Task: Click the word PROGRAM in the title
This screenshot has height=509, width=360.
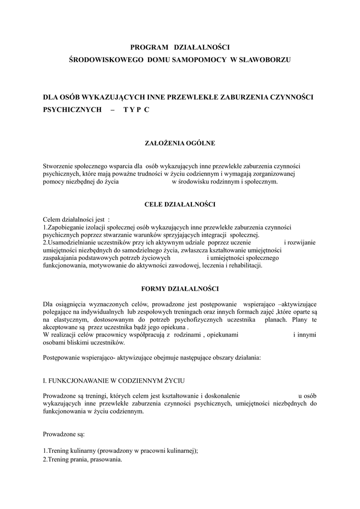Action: (148, 47)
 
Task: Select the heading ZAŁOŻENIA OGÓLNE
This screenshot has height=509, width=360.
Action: (179, 144)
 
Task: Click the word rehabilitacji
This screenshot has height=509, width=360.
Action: (242, 265)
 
